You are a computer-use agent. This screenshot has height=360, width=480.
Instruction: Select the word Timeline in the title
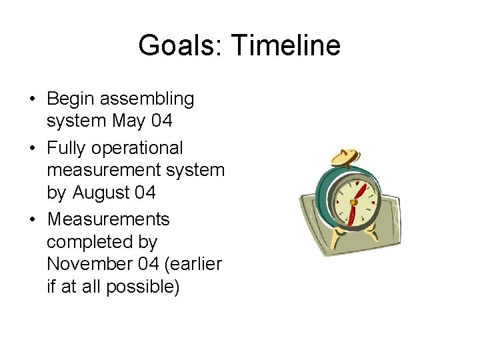pyautogui.click(x=285, y=46)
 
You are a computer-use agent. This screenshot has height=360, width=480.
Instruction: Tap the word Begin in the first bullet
pyautogui.click(x=71, y=99)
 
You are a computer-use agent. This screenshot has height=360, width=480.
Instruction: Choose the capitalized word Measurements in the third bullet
pyautogui.click(x=109, y=219)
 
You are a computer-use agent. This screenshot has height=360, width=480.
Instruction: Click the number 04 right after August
pyautogui.click(x=145, y=193)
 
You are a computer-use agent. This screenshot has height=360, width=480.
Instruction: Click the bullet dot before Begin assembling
pyautogui.click(x=33, y=100)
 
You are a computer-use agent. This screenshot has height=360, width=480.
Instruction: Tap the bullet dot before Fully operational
pyautogui.click(x=33, y=148)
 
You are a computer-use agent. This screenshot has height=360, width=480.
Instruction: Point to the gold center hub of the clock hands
pyautogui.click(x=353, y=201)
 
